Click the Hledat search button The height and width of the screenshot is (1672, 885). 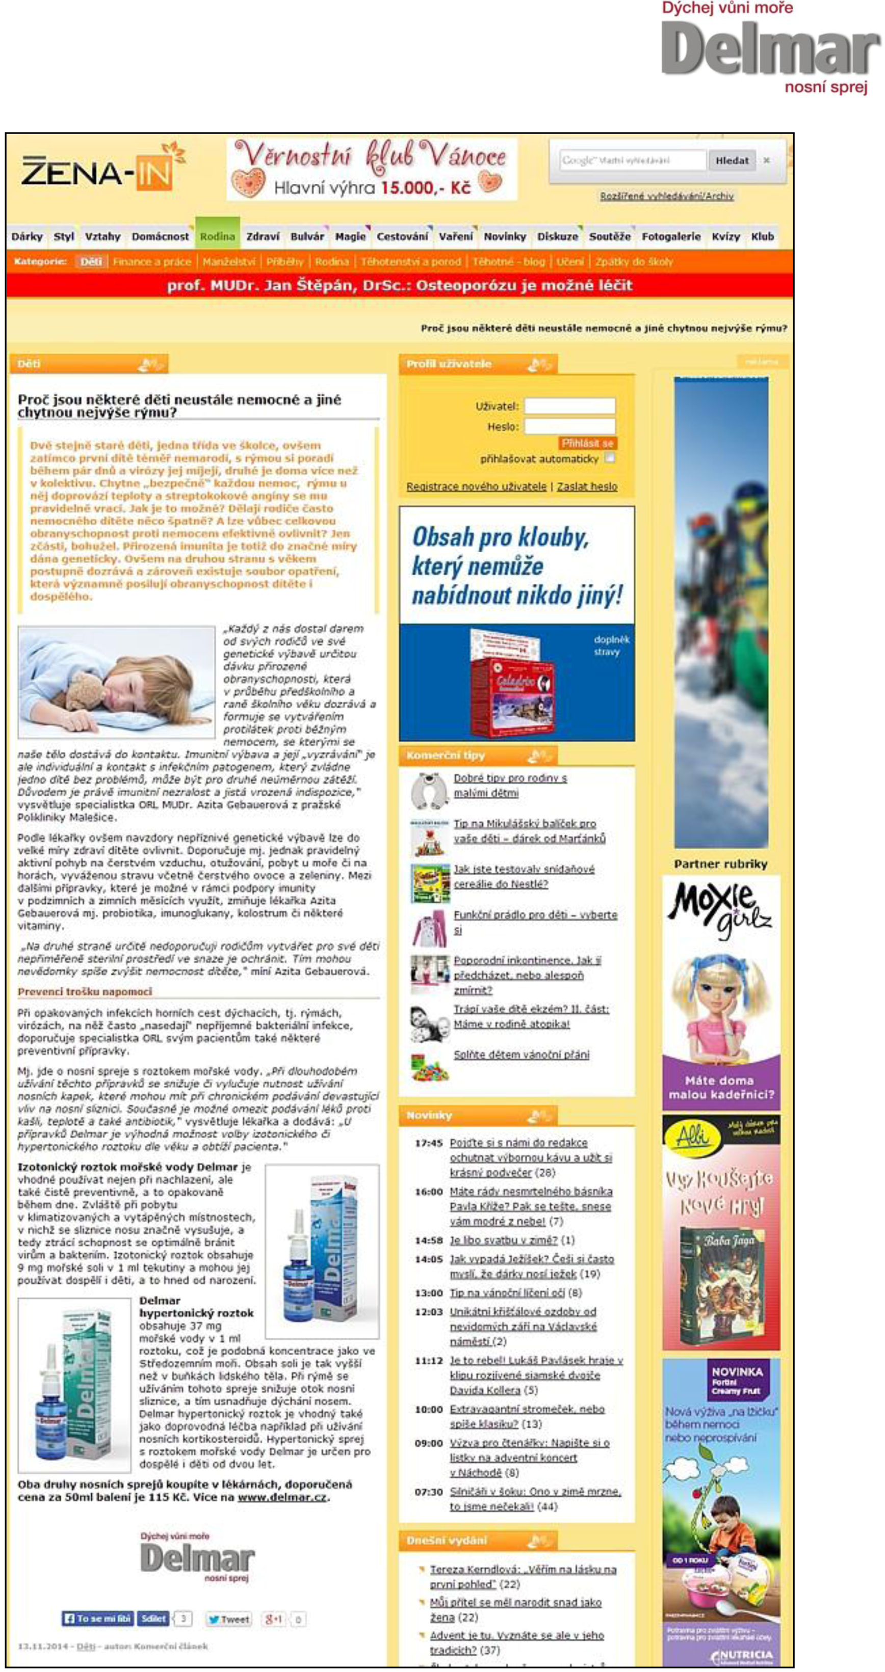coord(732,160)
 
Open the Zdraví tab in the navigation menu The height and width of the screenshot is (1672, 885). coord(263,237)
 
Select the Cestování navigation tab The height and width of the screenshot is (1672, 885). coord(402,237)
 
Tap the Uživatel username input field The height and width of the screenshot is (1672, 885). coord(569,407)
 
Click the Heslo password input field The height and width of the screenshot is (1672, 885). coord(569,426)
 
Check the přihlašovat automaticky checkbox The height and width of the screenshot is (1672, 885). coord(609,458)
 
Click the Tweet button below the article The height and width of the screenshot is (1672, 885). coord(228,1620)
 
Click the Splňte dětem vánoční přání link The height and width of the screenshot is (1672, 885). coord(522,1055)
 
